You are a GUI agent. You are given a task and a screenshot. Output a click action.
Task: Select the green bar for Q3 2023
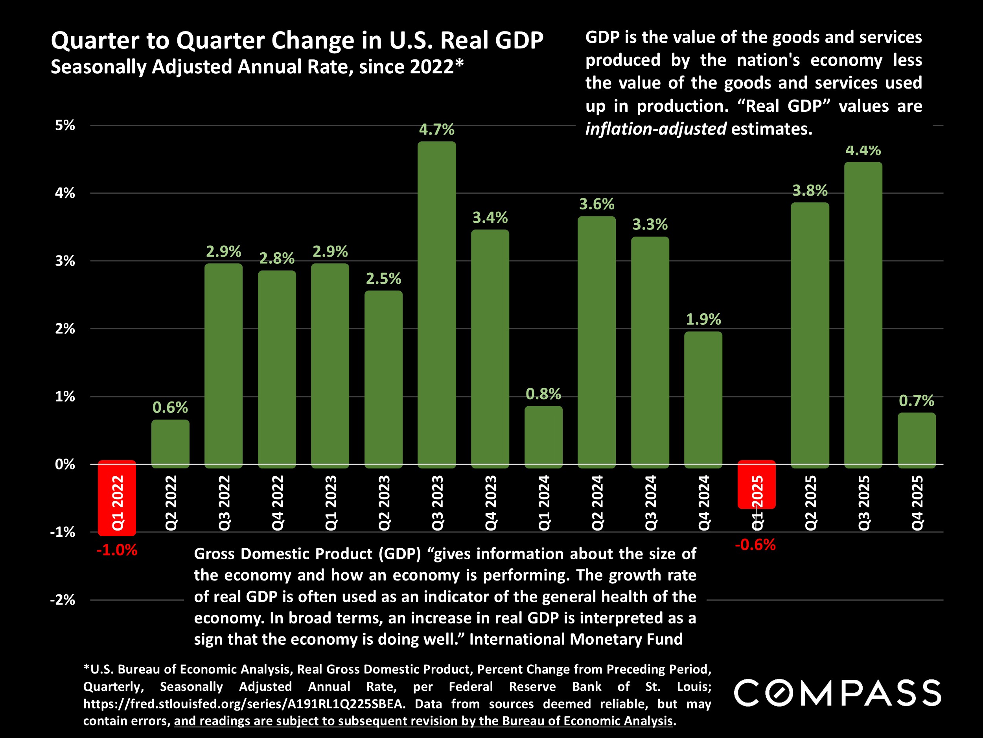[x=436, y=304]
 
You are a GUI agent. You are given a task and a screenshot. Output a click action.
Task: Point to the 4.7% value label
[x=436, y=129]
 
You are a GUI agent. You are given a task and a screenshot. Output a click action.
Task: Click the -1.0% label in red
[x=117, y=550]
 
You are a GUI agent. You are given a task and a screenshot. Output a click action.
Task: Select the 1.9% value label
[x=703, y=319]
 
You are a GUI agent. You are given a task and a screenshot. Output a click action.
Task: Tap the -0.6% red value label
[x=755, y=544]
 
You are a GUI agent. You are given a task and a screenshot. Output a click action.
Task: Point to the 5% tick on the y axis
[x=65, y=126]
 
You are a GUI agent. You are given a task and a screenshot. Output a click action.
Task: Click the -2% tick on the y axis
[x=63, y=600]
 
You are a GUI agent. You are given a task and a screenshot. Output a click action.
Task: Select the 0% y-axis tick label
[x=65, y=464]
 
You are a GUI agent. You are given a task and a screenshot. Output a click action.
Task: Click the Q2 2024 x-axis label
[x=597, y=503]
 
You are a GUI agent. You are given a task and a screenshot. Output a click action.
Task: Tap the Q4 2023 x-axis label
[x=490, y=503]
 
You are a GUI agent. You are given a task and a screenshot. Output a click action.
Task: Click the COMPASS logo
[x=838, y=693]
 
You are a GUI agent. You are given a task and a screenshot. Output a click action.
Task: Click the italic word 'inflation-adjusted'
[x=655, y=129]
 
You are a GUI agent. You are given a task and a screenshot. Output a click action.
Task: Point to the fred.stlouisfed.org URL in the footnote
[x=244, y=704]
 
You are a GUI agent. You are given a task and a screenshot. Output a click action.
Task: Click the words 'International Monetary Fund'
[x=576, y=639]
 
